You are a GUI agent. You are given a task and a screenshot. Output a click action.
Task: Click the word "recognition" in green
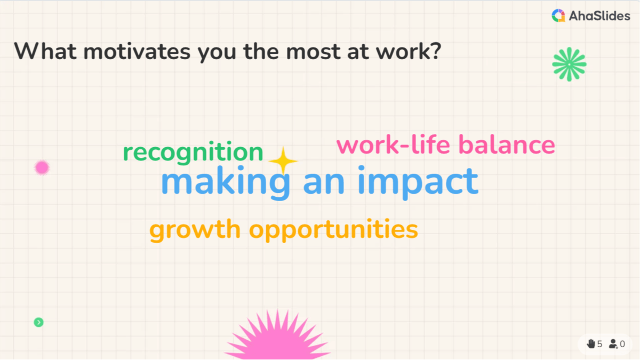(193, 153)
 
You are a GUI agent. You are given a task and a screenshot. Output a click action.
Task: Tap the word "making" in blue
(225, 182)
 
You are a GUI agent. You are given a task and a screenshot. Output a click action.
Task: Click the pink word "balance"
(507, 145)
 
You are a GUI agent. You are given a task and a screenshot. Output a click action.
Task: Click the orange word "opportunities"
(334, 230)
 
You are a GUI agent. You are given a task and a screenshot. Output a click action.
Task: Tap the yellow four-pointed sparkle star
(283, 160)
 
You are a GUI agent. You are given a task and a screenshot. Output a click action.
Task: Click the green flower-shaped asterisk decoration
(569, 64)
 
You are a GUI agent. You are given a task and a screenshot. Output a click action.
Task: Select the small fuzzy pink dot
(42, 168)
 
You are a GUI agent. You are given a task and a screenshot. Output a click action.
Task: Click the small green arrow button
(38, 322)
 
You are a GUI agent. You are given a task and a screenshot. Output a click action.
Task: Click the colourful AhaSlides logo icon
(558, 16)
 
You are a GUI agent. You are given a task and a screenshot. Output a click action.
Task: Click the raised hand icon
(591, 344)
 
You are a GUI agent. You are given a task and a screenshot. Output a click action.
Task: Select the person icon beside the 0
(613, 344)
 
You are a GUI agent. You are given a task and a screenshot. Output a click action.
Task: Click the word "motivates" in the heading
(134, 51)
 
